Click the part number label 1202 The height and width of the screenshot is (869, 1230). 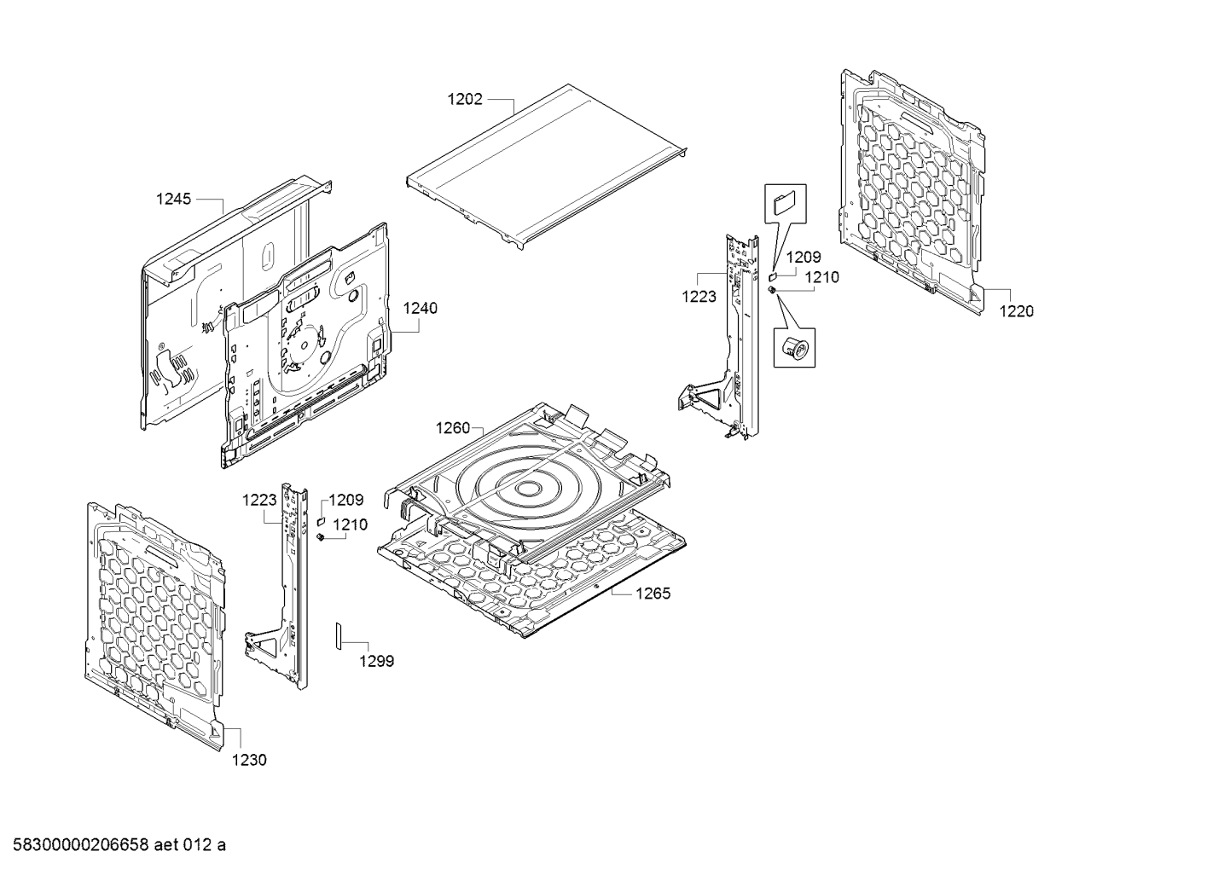coord(465,100)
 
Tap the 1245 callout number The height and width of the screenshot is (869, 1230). coord(173,199)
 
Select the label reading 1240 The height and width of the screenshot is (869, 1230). coord(420,308)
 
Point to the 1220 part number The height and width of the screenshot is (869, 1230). coord(1016,311)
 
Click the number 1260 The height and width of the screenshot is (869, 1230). coord(453,427)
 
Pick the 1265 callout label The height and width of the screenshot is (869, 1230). coord(653,594)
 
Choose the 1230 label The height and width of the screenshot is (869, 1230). coord(249,759)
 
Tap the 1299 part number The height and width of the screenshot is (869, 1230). coord(376,661)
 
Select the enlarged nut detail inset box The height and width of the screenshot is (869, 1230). coord(794,346)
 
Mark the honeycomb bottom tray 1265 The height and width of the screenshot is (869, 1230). coord(554,580)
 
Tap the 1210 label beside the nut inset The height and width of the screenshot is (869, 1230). coord(821,277)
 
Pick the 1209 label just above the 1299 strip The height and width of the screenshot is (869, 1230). coord(346,501)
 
